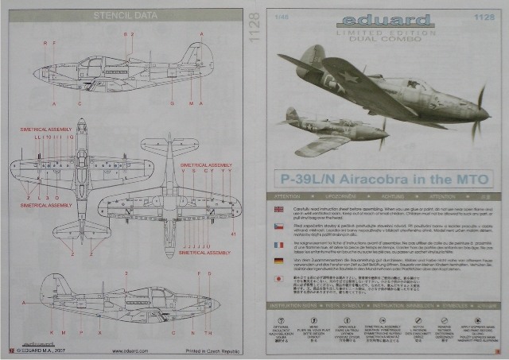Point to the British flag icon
[278, 209]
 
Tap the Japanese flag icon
[278, 279]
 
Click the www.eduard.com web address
[130, 350]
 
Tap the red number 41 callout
[233, 234]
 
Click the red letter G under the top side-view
[173, 103]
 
